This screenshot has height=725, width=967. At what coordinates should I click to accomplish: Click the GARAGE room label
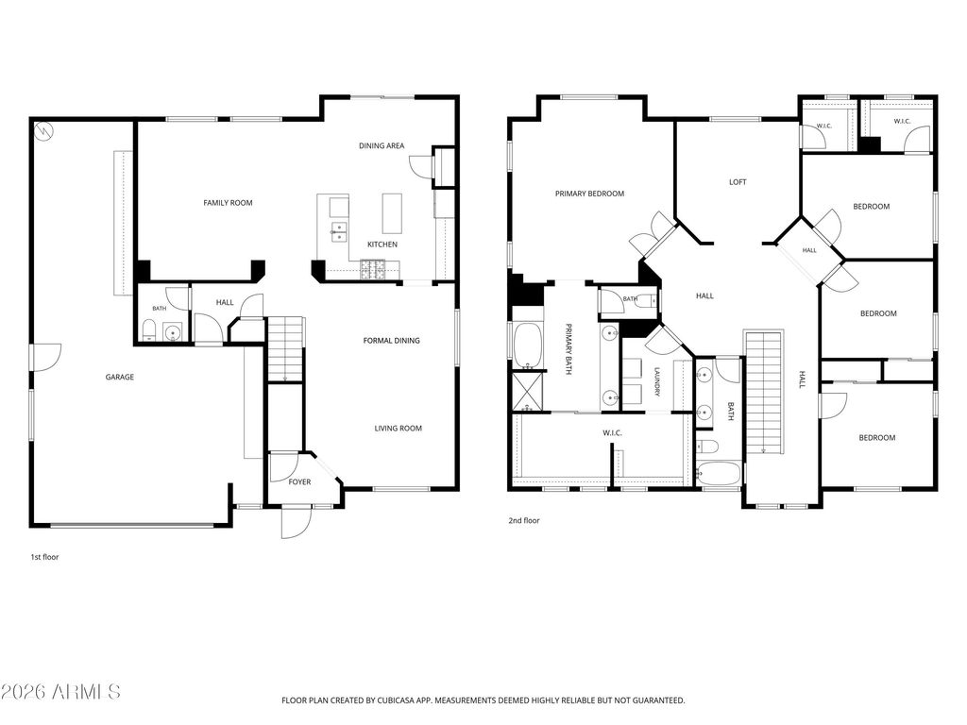(x=120, y=377)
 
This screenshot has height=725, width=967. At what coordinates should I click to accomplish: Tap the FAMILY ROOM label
(x=228, y=202)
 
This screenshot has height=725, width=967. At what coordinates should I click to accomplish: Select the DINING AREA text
(x=382, y=145)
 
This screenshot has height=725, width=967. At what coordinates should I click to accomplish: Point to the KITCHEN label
(x=382, y=244)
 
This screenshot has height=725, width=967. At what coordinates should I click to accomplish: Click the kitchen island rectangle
(x=392, y=213)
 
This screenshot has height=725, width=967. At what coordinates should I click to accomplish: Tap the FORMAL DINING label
(x=391, y=340)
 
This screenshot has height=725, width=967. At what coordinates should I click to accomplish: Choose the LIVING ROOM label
(x=399, y=428)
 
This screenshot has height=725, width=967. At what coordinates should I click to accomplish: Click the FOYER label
(x=299, y=481)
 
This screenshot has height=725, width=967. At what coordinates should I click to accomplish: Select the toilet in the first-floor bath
(x=148, y=331)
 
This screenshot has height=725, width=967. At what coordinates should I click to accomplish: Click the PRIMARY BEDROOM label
(x=589, y=194)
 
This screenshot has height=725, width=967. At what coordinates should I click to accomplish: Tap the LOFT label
(x=738, y=182)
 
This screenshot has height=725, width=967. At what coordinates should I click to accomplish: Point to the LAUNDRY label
(x=657, y=382)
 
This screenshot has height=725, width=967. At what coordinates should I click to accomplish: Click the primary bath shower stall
(x=527, y=392)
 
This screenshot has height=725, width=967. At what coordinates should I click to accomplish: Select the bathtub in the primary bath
(x=527, y=345)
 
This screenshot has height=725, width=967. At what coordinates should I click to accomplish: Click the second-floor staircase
(x=764, y=392)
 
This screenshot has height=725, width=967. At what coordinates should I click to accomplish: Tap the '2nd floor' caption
(x=523, y=520)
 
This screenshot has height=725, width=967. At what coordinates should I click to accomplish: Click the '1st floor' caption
(x=44, y=557)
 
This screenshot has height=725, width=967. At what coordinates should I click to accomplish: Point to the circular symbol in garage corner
(x=43, y=130)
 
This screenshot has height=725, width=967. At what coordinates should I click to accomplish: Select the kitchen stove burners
(x=373, y=268)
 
